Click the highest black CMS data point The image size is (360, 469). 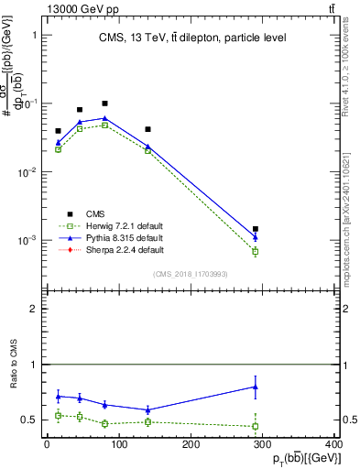104,104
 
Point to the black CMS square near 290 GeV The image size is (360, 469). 256,229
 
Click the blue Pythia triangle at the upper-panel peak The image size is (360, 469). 104,118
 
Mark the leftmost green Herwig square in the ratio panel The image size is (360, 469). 58,415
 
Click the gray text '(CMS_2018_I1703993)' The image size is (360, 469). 192,273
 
